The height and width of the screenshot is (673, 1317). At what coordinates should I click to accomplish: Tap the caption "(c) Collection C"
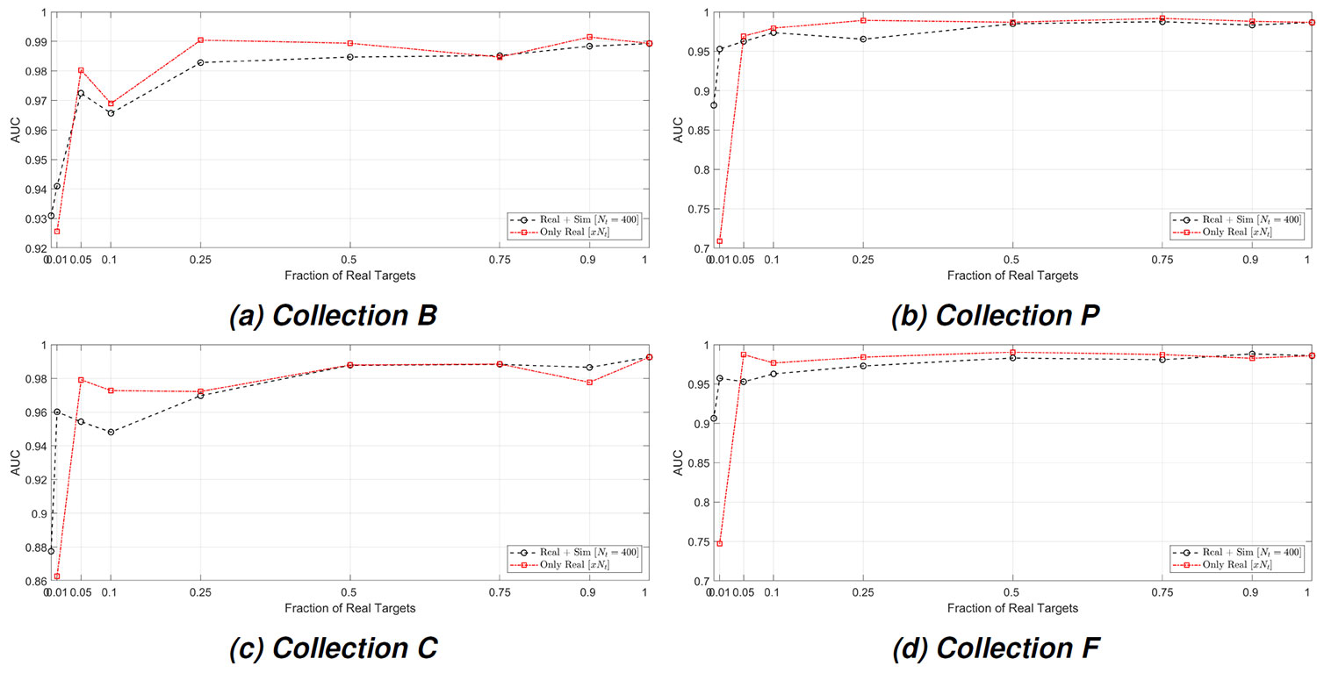pos(333,648)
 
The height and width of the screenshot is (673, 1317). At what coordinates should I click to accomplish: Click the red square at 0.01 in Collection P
pos(720,241)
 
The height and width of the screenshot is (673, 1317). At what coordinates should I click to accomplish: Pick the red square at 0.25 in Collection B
pos(201,40)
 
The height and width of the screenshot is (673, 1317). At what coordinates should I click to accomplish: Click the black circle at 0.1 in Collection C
pos(111,432)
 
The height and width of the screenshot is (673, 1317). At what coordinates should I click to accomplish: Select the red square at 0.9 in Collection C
pos(589,382)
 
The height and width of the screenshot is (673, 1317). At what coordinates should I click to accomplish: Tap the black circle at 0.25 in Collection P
pos(863,39)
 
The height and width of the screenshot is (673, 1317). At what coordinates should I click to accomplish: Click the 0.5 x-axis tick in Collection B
pos(350,260)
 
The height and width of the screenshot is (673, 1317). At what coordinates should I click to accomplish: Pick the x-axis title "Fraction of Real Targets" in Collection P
pos(1012,275)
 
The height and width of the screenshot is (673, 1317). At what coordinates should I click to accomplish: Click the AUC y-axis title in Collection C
pos(15,463)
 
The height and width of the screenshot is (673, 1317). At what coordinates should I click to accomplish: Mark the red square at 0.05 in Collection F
pos(744,354)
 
